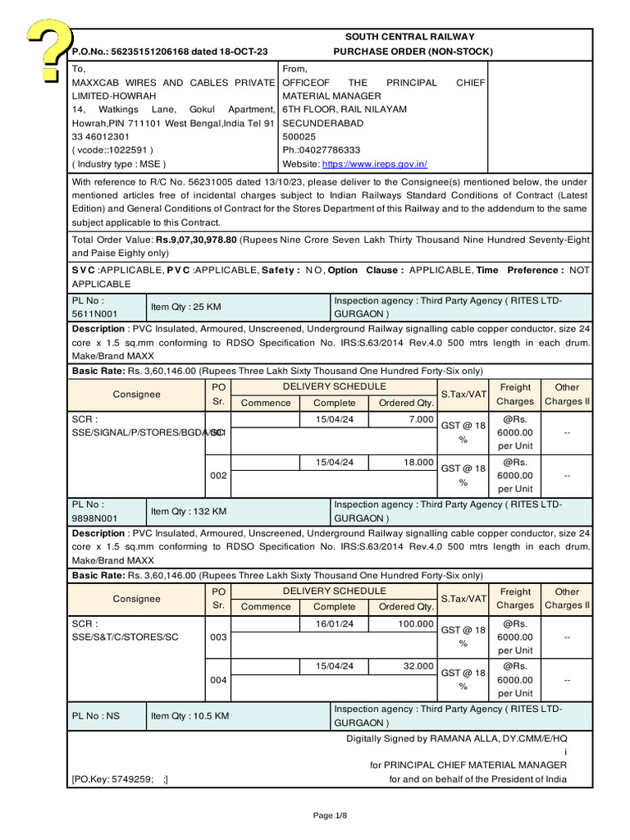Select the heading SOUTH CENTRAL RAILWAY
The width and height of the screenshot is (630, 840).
pos(409,37)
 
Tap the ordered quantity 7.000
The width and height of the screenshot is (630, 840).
pos(420,419)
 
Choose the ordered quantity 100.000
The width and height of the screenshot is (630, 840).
pos(416,624)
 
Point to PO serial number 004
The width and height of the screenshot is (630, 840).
pos(218,680)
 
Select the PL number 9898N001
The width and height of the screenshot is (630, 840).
pos(95,518)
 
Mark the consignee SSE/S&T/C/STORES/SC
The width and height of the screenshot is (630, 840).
pos(126,637)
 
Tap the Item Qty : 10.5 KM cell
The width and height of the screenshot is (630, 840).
pos(189,716)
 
